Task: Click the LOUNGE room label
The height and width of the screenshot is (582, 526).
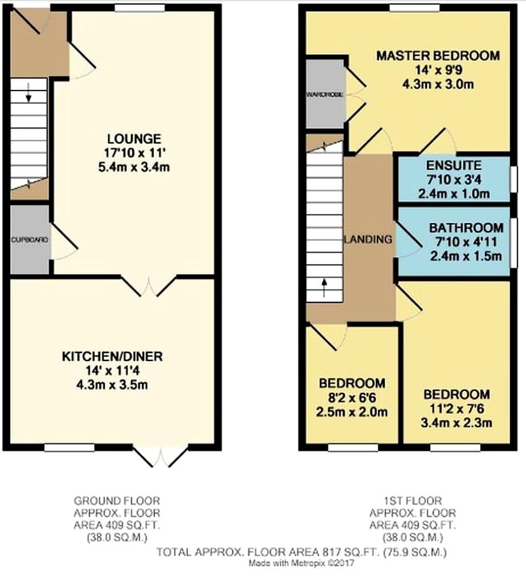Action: pos(134,139)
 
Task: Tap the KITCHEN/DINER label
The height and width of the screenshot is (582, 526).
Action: pos(112,356)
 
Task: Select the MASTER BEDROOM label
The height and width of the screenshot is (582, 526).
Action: pos(438,56)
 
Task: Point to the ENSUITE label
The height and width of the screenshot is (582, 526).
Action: pos(454,165)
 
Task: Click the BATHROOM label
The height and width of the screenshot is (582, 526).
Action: pos(466,228)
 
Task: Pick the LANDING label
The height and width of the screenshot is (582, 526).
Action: pos(368,239)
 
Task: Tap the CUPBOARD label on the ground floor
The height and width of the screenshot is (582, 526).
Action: pos(30,240)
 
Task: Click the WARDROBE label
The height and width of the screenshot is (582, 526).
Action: pos(325,95)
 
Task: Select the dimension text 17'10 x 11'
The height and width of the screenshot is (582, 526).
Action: pos(134,153)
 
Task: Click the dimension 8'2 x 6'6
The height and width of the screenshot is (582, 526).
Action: pos(352,397)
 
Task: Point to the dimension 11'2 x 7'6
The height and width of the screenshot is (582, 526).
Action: pos(457,409)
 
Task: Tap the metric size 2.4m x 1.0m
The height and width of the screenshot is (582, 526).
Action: pos(454,194)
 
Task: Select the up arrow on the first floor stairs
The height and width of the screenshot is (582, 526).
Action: pos(324,288)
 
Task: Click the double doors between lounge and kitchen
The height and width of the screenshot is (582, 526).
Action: pos(149,286)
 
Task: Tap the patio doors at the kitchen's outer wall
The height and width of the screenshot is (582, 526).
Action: pos(161,457)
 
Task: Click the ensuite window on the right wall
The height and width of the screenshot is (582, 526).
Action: pos(513,179)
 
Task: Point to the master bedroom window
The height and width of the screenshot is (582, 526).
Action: pos(415,8)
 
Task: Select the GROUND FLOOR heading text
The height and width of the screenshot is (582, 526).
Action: pos(117,501)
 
